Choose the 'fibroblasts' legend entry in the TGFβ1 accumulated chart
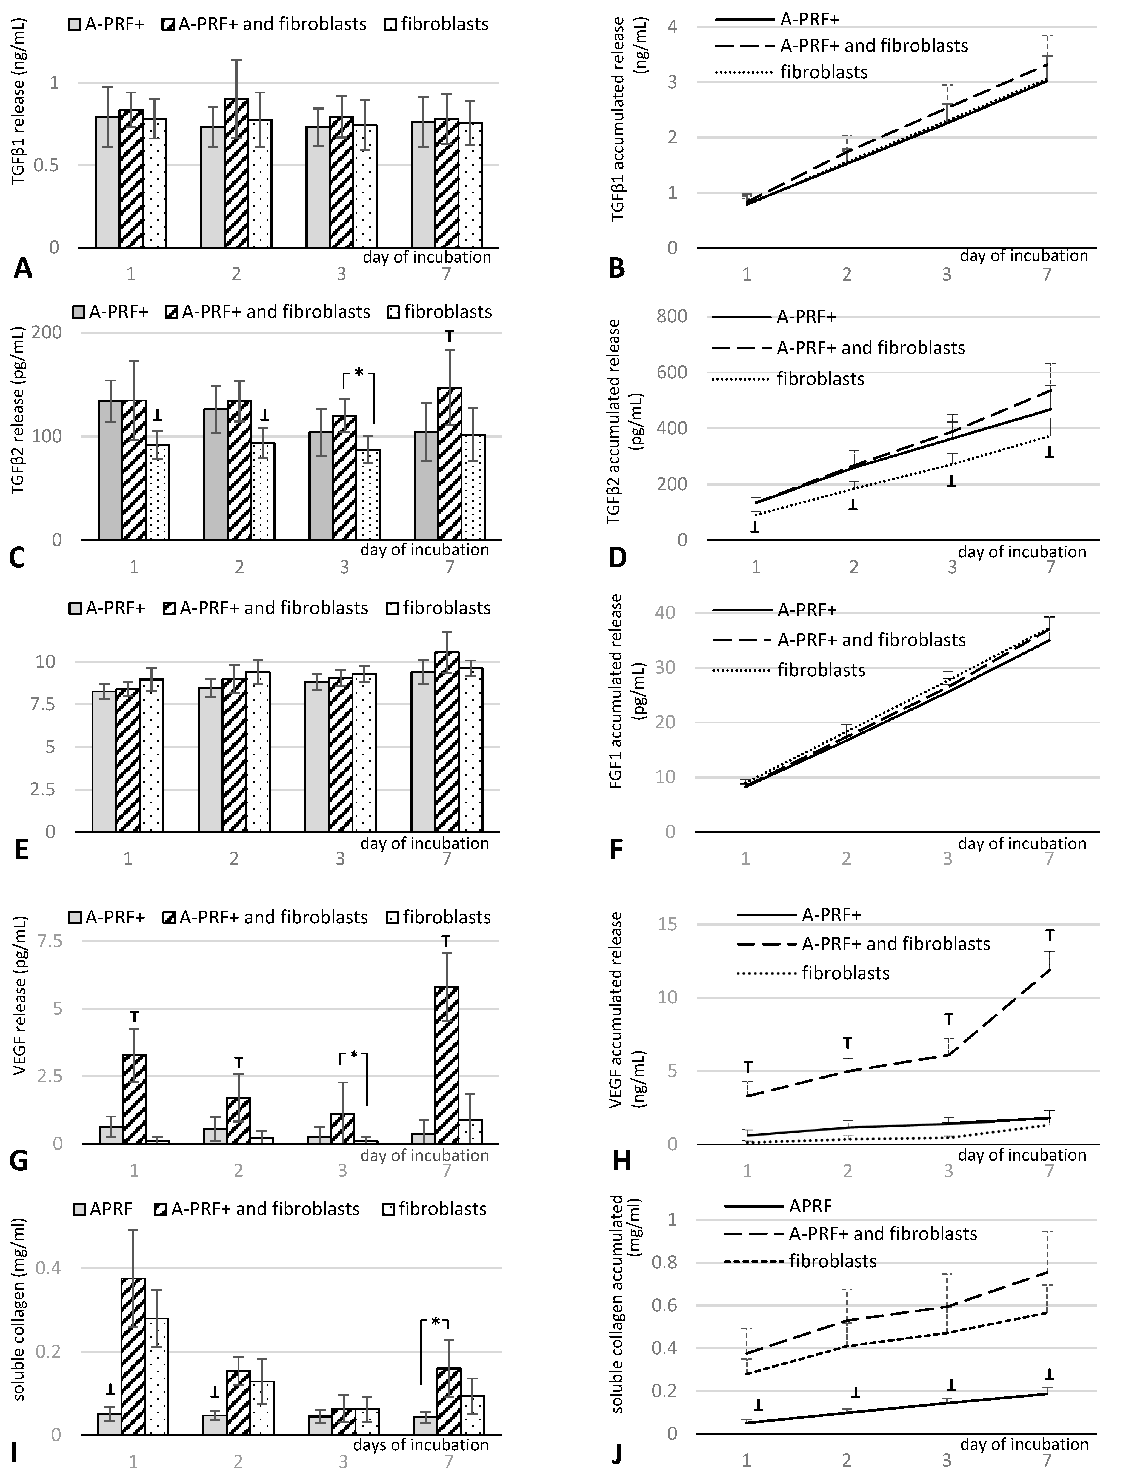824,72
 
